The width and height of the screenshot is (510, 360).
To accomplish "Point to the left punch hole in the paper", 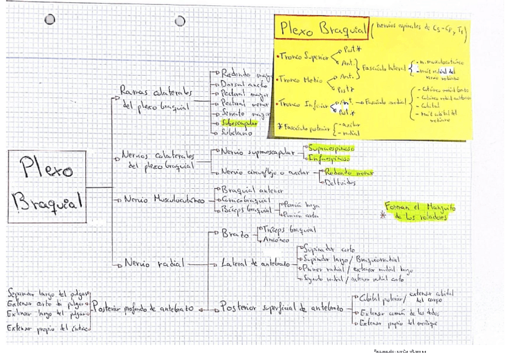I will [x=50, y=20].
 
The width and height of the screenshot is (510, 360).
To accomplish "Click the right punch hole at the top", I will [x=180, y=21].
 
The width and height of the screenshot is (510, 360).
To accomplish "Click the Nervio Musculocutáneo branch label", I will [x=162, y=198].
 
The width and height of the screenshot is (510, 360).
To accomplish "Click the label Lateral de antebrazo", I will [x=255, y=264].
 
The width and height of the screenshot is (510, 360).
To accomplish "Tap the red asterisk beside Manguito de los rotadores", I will [x=381, y=217].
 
